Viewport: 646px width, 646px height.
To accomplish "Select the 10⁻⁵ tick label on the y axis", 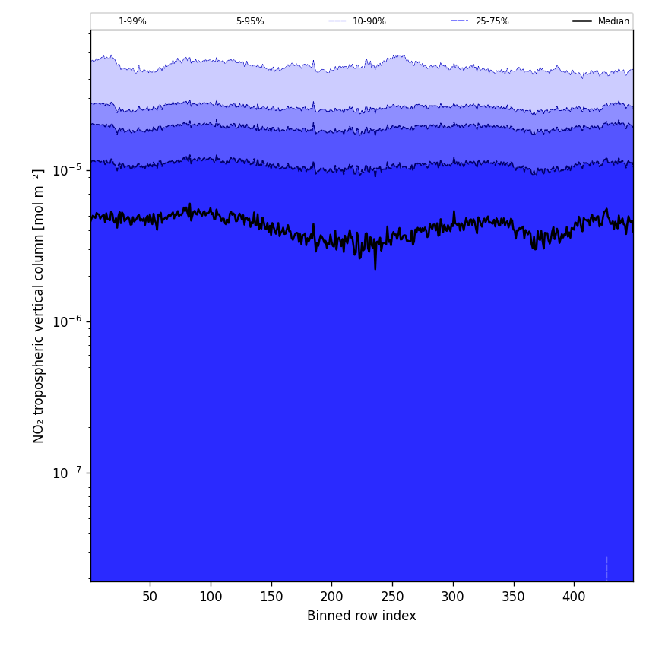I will point(68,170).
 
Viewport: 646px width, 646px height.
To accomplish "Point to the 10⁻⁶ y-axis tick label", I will point(68,321).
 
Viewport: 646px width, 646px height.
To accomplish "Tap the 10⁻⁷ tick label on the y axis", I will point(68,473).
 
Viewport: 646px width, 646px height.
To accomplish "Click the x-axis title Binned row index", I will point(362,616).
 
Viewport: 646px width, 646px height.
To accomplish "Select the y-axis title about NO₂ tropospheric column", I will point(39,306).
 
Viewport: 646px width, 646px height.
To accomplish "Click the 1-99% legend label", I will point(132,21).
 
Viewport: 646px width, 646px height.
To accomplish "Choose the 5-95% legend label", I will point(250,21).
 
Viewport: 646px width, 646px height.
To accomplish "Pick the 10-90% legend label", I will point(369,21).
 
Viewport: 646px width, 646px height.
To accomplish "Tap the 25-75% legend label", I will point(492,21).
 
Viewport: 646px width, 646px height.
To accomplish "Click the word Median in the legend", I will point(613,21).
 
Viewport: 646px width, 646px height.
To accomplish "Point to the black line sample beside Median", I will point(582,21).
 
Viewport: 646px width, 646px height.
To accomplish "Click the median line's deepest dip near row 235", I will point(375,268).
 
